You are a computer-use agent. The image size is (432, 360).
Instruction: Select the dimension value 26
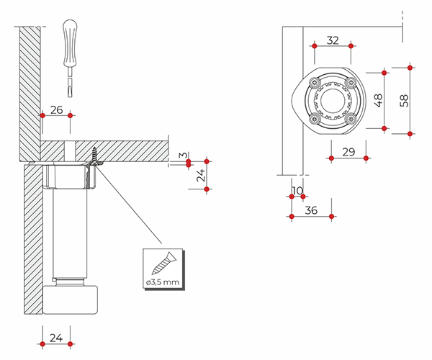pyautogui.click(x=57, y=110)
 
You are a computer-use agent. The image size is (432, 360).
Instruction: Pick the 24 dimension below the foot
pyautogui.click(x=56, y=336)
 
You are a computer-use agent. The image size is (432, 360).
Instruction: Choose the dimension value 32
pyautogui.click(x=333, y=40)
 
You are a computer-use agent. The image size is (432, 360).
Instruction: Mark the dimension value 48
pyautogui.click(x=379, y=100)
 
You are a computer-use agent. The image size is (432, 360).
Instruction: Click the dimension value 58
pyautogui.click(x=404, y=100)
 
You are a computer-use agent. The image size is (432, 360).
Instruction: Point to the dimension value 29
pyautogui.click(x=348, y=151)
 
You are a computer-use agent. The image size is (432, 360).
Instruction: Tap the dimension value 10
pyautogui.click(x=298, y=191)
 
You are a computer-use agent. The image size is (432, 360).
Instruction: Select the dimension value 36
pyautogui.click(x=312, y=210)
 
